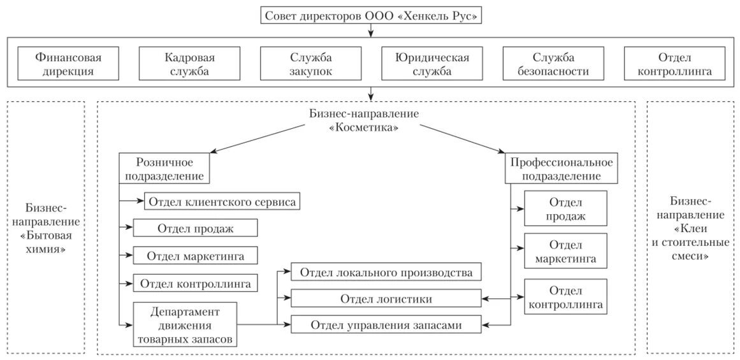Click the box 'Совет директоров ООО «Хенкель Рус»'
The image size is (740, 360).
coord(371,15)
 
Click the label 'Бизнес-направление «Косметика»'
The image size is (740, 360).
coord(364,120)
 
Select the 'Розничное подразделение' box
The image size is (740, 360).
coord(164,168)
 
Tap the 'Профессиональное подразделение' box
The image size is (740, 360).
coord(562,168)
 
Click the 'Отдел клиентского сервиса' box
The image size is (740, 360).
coord(222,202)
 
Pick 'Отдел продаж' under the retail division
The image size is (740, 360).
coord(195,229)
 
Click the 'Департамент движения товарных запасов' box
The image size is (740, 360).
coord(185,325)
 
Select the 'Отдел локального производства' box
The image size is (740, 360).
coord(386,273)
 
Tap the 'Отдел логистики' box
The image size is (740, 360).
coord(386,298)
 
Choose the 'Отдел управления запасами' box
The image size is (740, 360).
coord(386,324)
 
